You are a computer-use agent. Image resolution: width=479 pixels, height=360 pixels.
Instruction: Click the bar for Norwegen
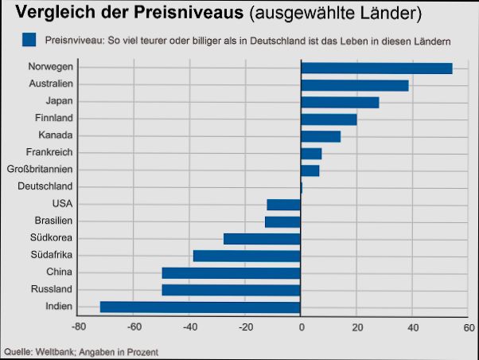point(376,68)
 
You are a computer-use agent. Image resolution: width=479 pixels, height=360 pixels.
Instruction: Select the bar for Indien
point(200,307)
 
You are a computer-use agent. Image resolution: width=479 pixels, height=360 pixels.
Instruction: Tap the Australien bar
point(354,85)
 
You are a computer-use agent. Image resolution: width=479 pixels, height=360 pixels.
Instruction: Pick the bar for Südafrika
point(247,256)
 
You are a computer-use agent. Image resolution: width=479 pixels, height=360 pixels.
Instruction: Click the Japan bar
point(340,102)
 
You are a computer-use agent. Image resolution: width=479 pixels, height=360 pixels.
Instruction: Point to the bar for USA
point(283,205)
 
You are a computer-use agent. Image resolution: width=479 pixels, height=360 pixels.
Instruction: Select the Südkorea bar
point(262,238)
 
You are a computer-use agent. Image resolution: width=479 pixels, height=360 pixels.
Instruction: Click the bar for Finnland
point(329,119)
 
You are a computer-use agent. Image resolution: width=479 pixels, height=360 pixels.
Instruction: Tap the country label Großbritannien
point(40,170)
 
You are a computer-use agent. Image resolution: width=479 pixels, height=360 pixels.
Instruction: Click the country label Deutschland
point(45,186)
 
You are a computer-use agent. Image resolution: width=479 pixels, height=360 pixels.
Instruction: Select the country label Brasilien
point(53,221)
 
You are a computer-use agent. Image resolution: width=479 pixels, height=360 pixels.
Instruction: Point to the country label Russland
point(51,289)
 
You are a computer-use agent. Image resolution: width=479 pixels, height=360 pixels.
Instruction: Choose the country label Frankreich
point(49,152)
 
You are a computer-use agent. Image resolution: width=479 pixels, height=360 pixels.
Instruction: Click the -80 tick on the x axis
point(78,327)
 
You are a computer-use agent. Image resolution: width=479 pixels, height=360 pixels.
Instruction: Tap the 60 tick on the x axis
point(468,327)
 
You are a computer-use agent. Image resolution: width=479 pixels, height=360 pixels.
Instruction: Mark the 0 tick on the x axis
point(301,327)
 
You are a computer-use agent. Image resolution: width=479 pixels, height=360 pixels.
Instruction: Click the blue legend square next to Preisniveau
point(30,39)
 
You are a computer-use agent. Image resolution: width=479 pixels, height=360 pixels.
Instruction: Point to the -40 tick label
point(189,327)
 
